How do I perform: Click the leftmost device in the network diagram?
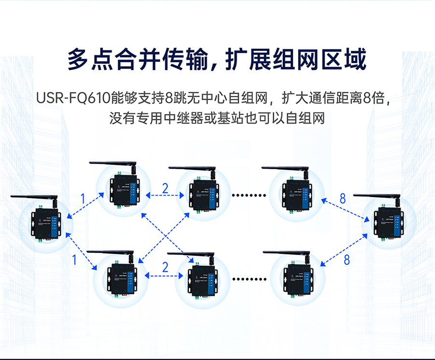[x=45, y=224]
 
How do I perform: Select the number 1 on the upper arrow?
[x=83, y=198]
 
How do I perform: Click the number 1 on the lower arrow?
[x=74, y=260]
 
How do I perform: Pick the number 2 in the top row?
[x=165, y=188]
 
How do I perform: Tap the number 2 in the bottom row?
[x=165, y=267]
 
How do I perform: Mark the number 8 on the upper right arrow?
[x=343, y=198]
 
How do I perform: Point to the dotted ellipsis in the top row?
[x=249, y=195]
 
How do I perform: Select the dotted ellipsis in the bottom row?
[x=249, y=279]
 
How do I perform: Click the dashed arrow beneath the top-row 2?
[x=165, y=196]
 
